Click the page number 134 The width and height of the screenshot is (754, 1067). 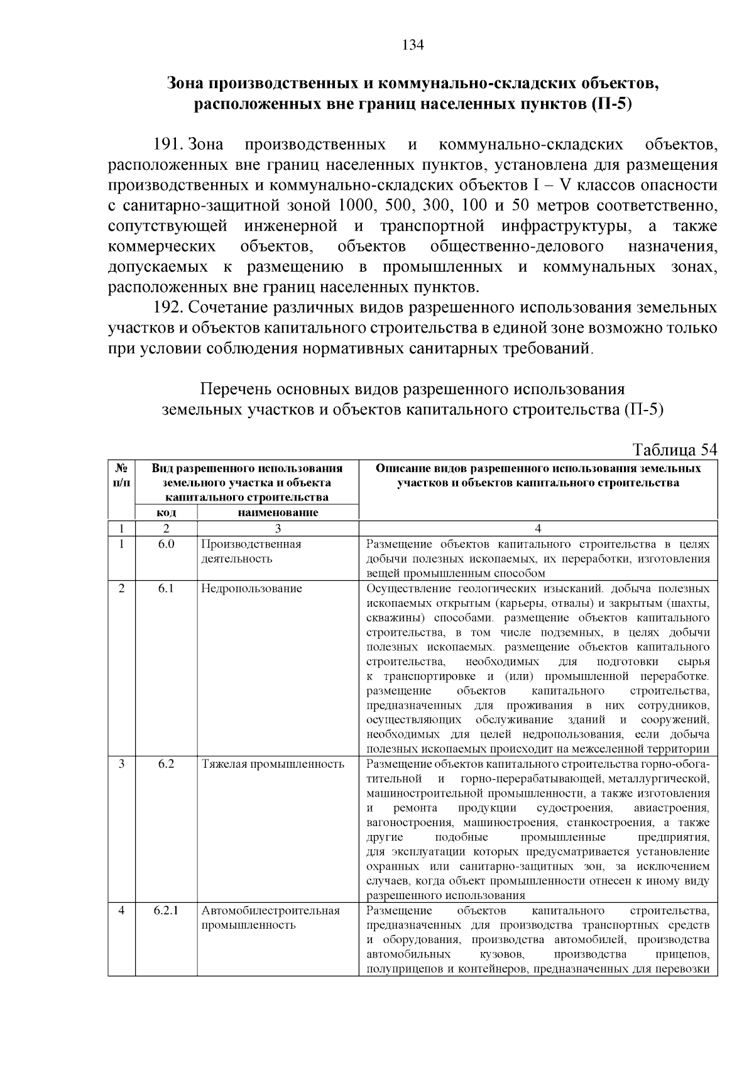click(413, 45)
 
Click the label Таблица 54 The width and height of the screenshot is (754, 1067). click(675, 450)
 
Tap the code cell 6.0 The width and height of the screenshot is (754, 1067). click(166, 545)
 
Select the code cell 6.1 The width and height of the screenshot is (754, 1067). click(166, 589)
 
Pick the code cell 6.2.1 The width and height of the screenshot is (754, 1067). click(166, 910)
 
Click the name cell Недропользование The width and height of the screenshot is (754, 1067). click(251, 589)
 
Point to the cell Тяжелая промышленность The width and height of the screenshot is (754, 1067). click(273, 764)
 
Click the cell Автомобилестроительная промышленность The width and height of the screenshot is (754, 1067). click(271, 918)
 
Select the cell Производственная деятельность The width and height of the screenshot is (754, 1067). click(251, 551)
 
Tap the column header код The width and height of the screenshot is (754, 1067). click(166, 512)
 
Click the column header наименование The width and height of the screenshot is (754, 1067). click(278, 512)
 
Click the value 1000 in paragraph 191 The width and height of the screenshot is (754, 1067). click(356, 206)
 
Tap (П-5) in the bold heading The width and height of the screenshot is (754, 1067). click(611, 104)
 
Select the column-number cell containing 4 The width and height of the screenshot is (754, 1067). click(538, 528)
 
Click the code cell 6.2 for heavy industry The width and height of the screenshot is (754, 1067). click(166, 764)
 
